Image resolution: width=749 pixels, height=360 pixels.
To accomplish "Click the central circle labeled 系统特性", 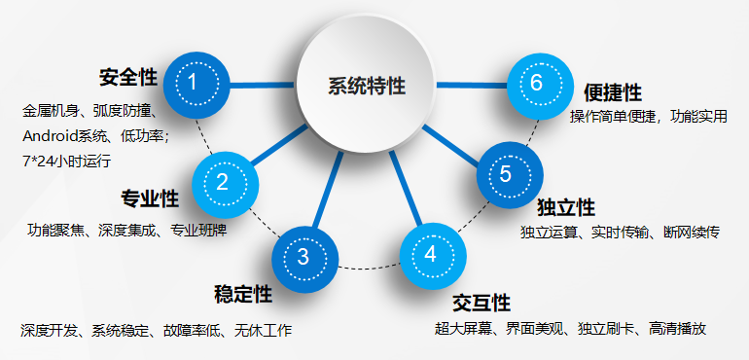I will [x=366, y=86].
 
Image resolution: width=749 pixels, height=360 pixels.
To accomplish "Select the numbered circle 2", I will [x=223, y=182].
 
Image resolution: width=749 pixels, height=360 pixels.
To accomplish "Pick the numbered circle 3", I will [x=303, y=256].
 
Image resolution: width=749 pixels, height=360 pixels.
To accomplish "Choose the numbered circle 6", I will [x=538, y=83].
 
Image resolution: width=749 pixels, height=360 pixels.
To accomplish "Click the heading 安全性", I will [x=128, y=76].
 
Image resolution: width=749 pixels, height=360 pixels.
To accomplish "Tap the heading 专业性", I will [x=150, y=199].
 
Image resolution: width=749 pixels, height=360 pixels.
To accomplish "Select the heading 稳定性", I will [x=242, y=294].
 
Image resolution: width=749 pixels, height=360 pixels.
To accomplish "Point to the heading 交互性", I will [x=481, y=303].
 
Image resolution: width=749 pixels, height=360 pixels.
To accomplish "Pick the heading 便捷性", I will [x=613, y=92].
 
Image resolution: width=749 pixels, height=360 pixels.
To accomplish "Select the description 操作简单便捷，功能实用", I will [x=649, y=117].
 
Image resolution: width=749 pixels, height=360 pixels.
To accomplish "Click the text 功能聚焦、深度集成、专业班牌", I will [x=126, y=231].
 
